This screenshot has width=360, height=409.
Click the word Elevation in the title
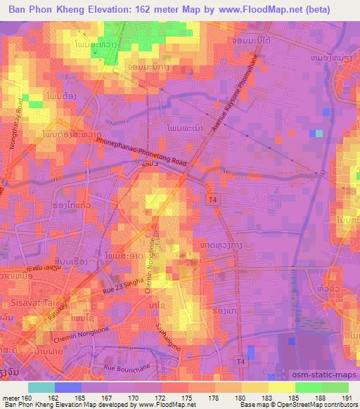click(107, 10)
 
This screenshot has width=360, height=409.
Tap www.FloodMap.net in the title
click(254, 10)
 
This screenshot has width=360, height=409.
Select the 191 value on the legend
click(347, 397)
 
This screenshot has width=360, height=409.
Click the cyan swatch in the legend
click(41, 387)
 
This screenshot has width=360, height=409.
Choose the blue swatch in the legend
click(68, 387)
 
